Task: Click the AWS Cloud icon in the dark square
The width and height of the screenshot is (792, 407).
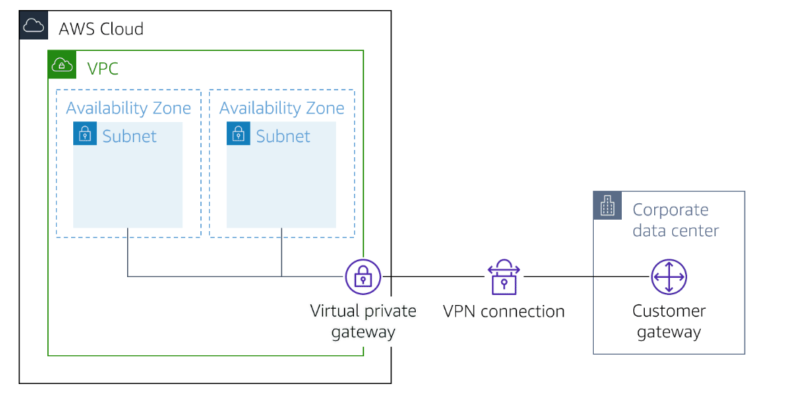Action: tap(33, 25)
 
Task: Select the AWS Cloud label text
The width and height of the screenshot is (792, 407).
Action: tap(101, 29)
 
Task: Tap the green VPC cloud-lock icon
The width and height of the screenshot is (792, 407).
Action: tap(62, 65)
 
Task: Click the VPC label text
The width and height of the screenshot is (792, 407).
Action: tap(103, 69)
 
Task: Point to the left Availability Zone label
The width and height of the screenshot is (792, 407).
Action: tap(129, 108)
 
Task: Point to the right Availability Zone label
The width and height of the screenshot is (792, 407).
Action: tap(281, 108)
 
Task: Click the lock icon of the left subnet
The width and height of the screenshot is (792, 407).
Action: tap(85, 134)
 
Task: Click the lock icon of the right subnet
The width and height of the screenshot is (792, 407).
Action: tap(238, 134)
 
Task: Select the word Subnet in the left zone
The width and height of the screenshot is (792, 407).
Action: tap(129, 136)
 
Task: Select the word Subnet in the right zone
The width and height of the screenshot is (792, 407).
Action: tap(283, 136)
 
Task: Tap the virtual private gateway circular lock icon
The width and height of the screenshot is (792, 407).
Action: tap(363, 277)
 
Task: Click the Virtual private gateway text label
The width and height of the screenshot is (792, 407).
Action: tap(363, 321)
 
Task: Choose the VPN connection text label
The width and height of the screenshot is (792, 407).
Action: tap(503, 312)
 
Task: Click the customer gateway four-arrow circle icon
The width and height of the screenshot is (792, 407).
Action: tap(668, 277)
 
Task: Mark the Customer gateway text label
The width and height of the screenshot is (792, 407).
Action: tap(668, 321)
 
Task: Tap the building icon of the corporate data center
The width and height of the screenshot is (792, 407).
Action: tap(607, 206)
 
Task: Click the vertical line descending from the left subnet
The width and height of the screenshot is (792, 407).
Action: tap(128, 252)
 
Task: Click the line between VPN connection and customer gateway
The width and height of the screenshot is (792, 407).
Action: tap(585, 277)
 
